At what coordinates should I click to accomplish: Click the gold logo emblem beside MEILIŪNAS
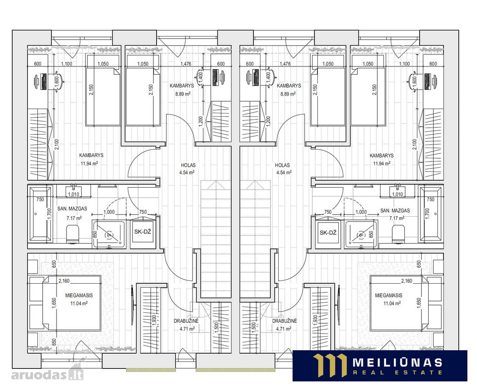330,365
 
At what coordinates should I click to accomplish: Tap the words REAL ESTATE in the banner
397,372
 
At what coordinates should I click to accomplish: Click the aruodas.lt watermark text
47,374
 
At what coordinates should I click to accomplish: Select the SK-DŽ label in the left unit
143,232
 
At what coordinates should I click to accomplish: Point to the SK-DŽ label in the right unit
328,232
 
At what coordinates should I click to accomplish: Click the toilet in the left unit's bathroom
73,234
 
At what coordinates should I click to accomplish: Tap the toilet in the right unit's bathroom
398,234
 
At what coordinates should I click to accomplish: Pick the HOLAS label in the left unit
188,166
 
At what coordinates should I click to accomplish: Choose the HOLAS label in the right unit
282,166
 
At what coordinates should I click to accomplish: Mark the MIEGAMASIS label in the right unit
388,295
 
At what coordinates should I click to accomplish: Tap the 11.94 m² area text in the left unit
89,163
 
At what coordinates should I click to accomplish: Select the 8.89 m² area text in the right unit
287,94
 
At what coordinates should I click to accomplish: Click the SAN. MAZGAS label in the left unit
72,209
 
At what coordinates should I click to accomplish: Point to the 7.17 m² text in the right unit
397,218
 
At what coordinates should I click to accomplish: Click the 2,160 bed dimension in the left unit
64,281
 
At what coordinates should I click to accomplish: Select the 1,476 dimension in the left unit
186,64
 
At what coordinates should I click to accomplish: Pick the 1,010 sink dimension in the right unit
397,195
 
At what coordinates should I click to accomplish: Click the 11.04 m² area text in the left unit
79,303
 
